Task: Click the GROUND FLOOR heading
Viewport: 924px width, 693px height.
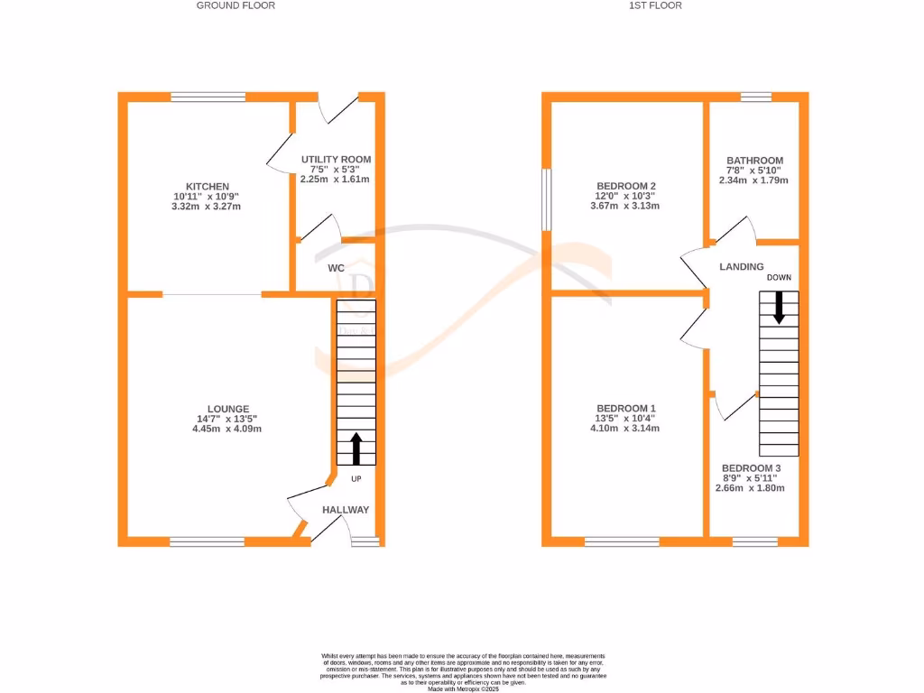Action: (x=236, y=5)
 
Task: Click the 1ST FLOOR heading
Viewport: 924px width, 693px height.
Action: (x=655, y=5)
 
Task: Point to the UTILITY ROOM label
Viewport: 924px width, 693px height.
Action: (x=336, y=160)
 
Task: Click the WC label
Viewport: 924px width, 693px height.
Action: (x=336, y=269)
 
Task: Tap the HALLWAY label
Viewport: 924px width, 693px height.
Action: (x=346, y=510)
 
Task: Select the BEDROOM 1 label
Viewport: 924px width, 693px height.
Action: (x=625, y=409)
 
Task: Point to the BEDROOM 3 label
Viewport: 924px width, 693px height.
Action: (x=751, y=468)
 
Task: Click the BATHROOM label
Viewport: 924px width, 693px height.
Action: (x=754, y=161)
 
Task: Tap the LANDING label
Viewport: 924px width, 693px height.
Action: (x=741, y=267)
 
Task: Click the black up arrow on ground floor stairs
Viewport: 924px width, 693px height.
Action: (x=356, y=448)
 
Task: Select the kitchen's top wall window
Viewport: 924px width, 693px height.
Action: (x=208, y=97)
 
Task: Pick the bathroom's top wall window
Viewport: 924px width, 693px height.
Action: (x=755, y=97)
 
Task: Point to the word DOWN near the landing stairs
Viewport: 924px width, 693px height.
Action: (x=779, y=278)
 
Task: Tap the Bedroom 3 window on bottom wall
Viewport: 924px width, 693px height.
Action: (x=754, y=541)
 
